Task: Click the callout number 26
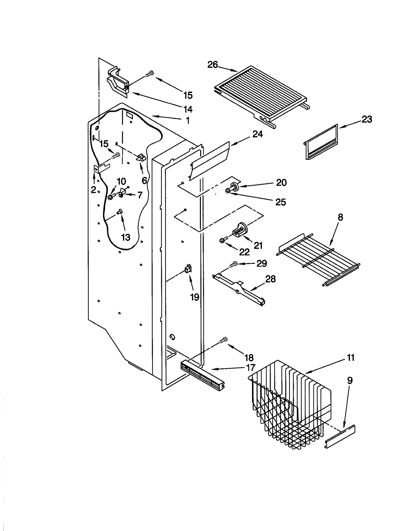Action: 212,65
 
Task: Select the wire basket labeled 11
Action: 289,404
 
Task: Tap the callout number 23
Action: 367,119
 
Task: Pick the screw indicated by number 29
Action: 233,264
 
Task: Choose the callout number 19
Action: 195,297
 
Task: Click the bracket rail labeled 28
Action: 239,289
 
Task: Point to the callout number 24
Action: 257,134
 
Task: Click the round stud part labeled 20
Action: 234,186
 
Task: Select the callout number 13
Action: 126,237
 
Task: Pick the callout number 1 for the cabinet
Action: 188,120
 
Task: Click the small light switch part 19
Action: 188,269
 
